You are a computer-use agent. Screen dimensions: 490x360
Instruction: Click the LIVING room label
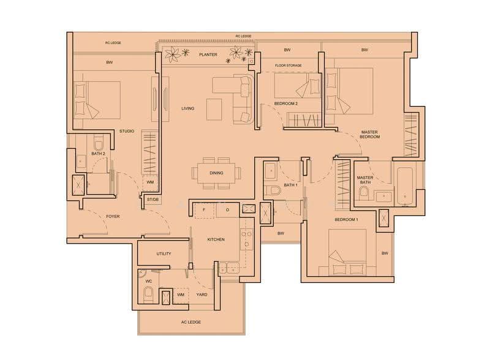pyautogui.click(x=188, y=108)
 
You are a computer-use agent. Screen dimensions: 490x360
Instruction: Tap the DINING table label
pyautogui.click(x=216, y=173)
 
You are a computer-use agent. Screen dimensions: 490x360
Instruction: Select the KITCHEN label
pyautogui.click(x=216, y=239)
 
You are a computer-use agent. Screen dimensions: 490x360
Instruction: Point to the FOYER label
pyautogui.click(x=113, y=216)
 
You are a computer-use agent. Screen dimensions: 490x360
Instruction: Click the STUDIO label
pyautogui.click(x=127, y=131)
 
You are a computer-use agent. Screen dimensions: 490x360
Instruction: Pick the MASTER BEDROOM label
pyautogui.click(x=370, y=134)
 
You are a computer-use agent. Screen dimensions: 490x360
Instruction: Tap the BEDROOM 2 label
pyautogui.click(x=286, y=103)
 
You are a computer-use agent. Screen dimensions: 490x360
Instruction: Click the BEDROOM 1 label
pyautogui.click(x=346, y=220)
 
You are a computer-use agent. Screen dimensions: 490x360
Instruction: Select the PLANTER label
pyautogui.click(x=208, y=54)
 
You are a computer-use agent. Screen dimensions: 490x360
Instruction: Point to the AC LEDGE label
pyautogui.click(x=191, y=322)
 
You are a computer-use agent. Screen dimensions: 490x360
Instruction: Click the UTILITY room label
pyautogui.click(x=164, y=253)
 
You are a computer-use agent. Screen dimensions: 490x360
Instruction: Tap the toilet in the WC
pyautogui.click(x=148, y=294)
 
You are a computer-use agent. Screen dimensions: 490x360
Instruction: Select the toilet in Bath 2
pyautogui.click(x=99, y=143)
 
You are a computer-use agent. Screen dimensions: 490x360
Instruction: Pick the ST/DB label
pyautogui.click(x=153, y=200)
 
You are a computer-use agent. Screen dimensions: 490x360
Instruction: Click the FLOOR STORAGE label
pyautogui.click(x=288, y=66)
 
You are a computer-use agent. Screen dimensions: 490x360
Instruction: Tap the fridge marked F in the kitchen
pyautogui.click(x=205, y=210)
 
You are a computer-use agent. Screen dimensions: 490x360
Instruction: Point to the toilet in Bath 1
pyautogui.click(x=273, y=190)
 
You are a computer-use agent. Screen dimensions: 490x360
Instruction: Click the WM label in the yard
pyautogui.click(x=181, y=294)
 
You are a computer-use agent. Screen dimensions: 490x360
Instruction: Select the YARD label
pyautogui.click(x=202, y=294)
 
